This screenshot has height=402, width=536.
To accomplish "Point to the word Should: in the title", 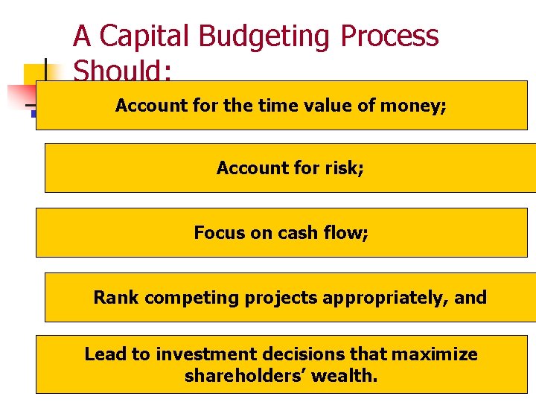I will tap(123, 71).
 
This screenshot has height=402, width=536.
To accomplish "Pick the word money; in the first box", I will tap(413, 106).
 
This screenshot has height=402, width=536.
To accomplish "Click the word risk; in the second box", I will tap(345, 168).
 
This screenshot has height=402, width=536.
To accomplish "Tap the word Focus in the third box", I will tap(219, 233).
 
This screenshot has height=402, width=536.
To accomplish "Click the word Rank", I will tap(116, 298).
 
